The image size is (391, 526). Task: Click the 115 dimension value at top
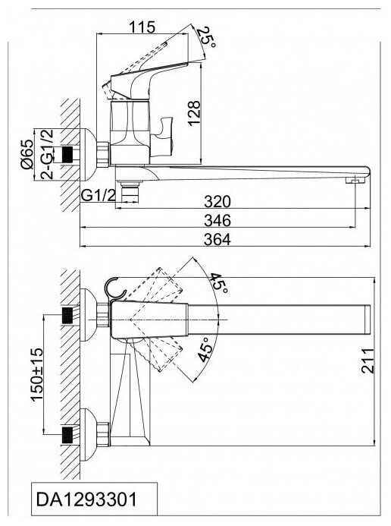click(x=142, y=27)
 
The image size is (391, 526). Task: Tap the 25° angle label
click(x=207, y=36)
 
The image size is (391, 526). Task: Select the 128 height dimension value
click(x=194, y=113)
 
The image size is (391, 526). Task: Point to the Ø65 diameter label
click(x=27, y=154)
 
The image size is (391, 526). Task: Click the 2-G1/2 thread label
click(x=46, y=154)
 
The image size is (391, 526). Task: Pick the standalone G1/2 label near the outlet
click(x=98, y=195)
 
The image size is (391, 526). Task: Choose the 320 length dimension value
click(x=217, y=202)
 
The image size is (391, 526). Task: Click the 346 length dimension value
click(x=217, y=220)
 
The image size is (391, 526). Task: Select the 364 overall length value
click(x=217, y=240)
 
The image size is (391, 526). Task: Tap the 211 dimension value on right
click(x=368, y=361)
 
